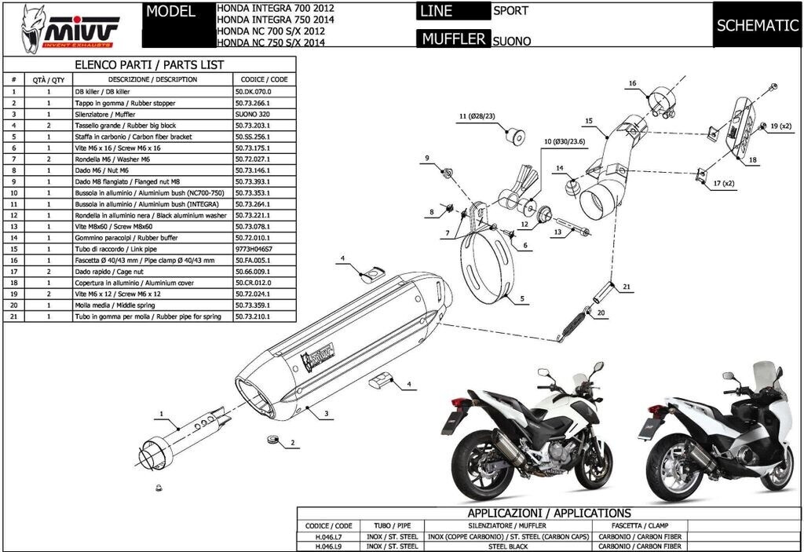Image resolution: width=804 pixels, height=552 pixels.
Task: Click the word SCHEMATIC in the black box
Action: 757,25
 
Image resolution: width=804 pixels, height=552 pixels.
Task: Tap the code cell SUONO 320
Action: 252,114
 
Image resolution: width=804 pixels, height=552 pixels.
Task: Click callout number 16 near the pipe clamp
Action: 632,82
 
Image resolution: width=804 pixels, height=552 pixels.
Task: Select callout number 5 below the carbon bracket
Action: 521,298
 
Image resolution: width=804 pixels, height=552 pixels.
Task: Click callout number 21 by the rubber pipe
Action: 627,287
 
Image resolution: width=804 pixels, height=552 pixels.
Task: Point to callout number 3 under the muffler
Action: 326,412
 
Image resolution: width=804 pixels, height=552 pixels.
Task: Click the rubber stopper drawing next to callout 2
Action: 272,438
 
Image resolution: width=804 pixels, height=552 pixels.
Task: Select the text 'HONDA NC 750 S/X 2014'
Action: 270,42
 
